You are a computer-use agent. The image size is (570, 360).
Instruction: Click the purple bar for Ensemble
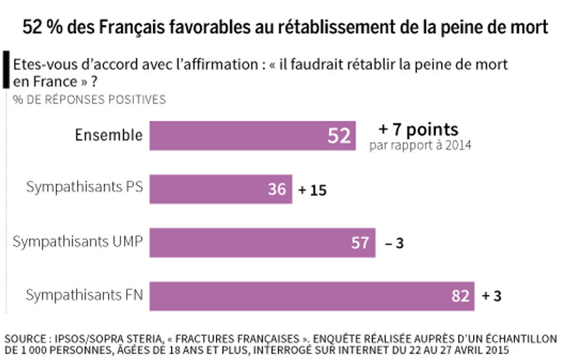point(253,135)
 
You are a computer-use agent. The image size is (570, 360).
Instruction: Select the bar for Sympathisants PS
point(221,190)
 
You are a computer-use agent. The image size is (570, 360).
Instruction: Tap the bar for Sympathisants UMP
point(262,243)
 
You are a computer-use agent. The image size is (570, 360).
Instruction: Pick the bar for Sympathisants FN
point(312,296)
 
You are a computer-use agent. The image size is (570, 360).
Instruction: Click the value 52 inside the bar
point(339,135)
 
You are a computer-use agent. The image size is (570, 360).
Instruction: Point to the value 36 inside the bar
point(276,190)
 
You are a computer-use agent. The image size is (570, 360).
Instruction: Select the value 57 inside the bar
point(360,243)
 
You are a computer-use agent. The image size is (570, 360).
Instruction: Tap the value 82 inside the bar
point(460,296)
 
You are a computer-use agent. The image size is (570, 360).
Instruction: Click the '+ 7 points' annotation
point(418,130)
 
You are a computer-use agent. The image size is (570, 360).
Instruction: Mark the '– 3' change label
point(394,244)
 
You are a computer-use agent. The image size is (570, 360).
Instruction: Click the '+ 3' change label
point(492,296)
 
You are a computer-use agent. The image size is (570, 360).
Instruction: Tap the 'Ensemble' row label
point(109,135)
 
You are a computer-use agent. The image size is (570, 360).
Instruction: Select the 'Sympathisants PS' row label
point(85,188)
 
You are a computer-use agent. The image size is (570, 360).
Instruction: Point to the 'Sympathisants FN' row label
point(85,295)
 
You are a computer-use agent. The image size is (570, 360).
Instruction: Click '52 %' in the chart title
point(44,27)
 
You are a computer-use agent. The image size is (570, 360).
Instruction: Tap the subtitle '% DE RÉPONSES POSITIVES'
point(89,100)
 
